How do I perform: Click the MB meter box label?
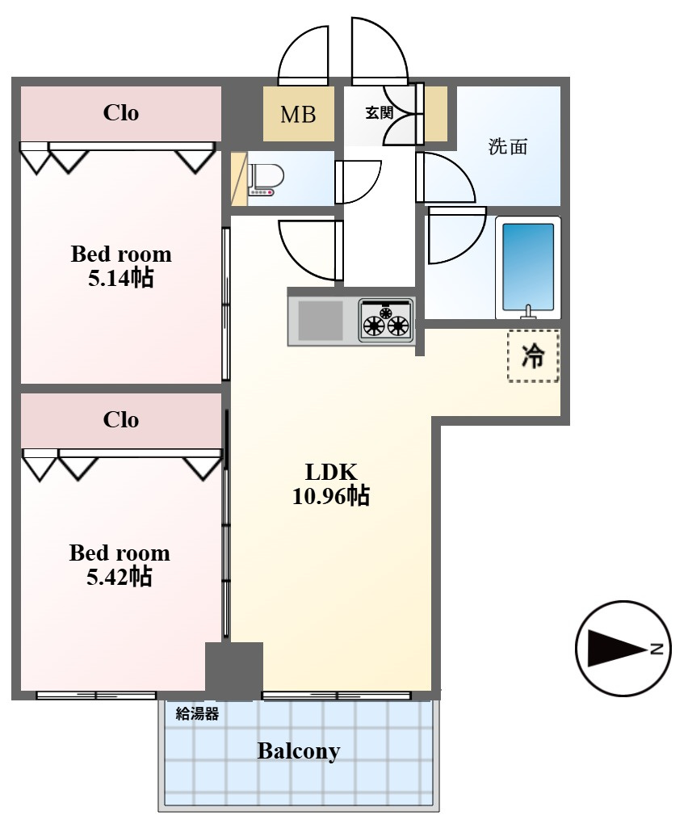point(298,114)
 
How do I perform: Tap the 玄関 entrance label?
point(380,112)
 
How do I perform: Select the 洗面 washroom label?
point(508,146)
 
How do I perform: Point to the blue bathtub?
point(528,267)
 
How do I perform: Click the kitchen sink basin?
point(321,320)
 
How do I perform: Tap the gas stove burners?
point(386,321)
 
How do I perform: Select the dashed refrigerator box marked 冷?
point(533,355)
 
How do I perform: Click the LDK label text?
point(331,472)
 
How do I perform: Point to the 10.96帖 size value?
point(331,495)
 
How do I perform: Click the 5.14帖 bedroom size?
point(121,277)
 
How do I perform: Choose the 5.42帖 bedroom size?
point(120,577)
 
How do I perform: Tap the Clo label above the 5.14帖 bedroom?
point(121,112)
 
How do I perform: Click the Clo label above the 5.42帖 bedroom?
point(121,419)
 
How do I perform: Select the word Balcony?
point(298,751)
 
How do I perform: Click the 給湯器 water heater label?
point(197,713)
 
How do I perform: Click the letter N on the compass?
point(657,649)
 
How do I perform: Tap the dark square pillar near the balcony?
point(233,671)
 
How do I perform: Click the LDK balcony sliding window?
point(337,696)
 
